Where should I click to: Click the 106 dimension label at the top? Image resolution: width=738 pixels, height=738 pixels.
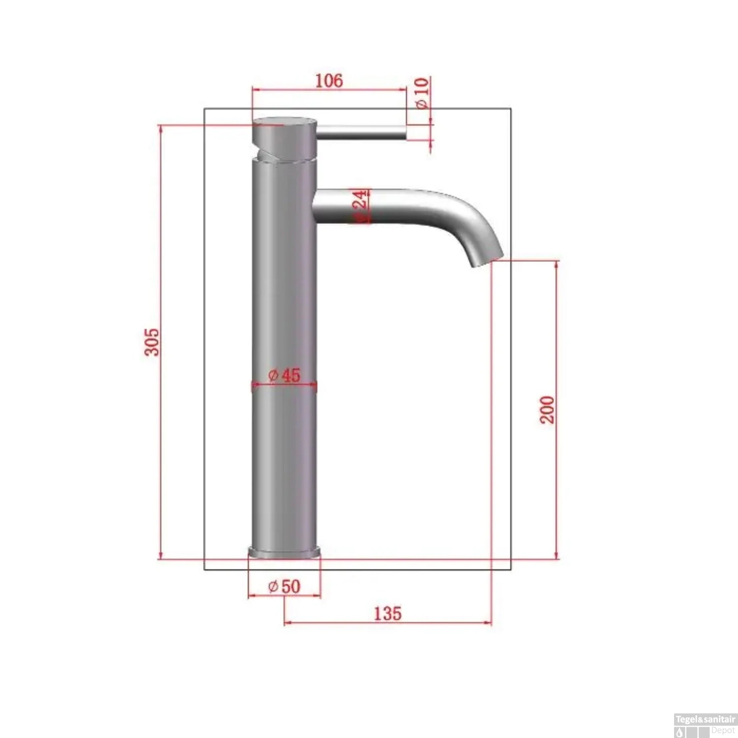point(329,80)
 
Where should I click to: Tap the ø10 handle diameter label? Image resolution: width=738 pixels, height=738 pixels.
point(422,93)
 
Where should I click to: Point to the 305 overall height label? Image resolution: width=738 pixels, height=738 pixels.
point(152,341)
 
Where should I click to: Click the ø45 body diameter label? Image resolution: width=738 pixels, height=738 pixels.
point(284,375)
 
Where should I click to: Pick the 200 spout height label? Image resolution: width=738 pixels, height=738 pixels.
point(547,409)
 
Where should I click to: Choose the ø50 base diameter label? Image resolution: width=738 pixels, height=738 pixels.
point(284,586)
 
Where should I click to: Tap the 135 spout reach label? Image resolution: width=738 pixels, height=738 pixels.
point(388,614)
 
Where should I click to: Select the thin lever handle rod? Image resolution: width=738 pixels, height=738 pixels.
point(362,131)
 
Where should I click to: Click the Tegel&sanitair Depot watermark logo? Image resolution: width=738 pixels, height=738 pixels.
point(705,725)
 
